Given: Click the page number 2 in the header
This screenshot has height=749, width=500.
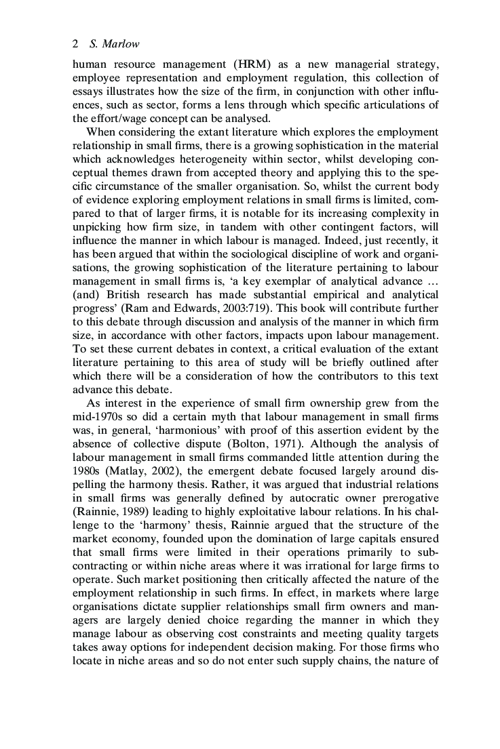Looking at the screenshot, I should [75, 44].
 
